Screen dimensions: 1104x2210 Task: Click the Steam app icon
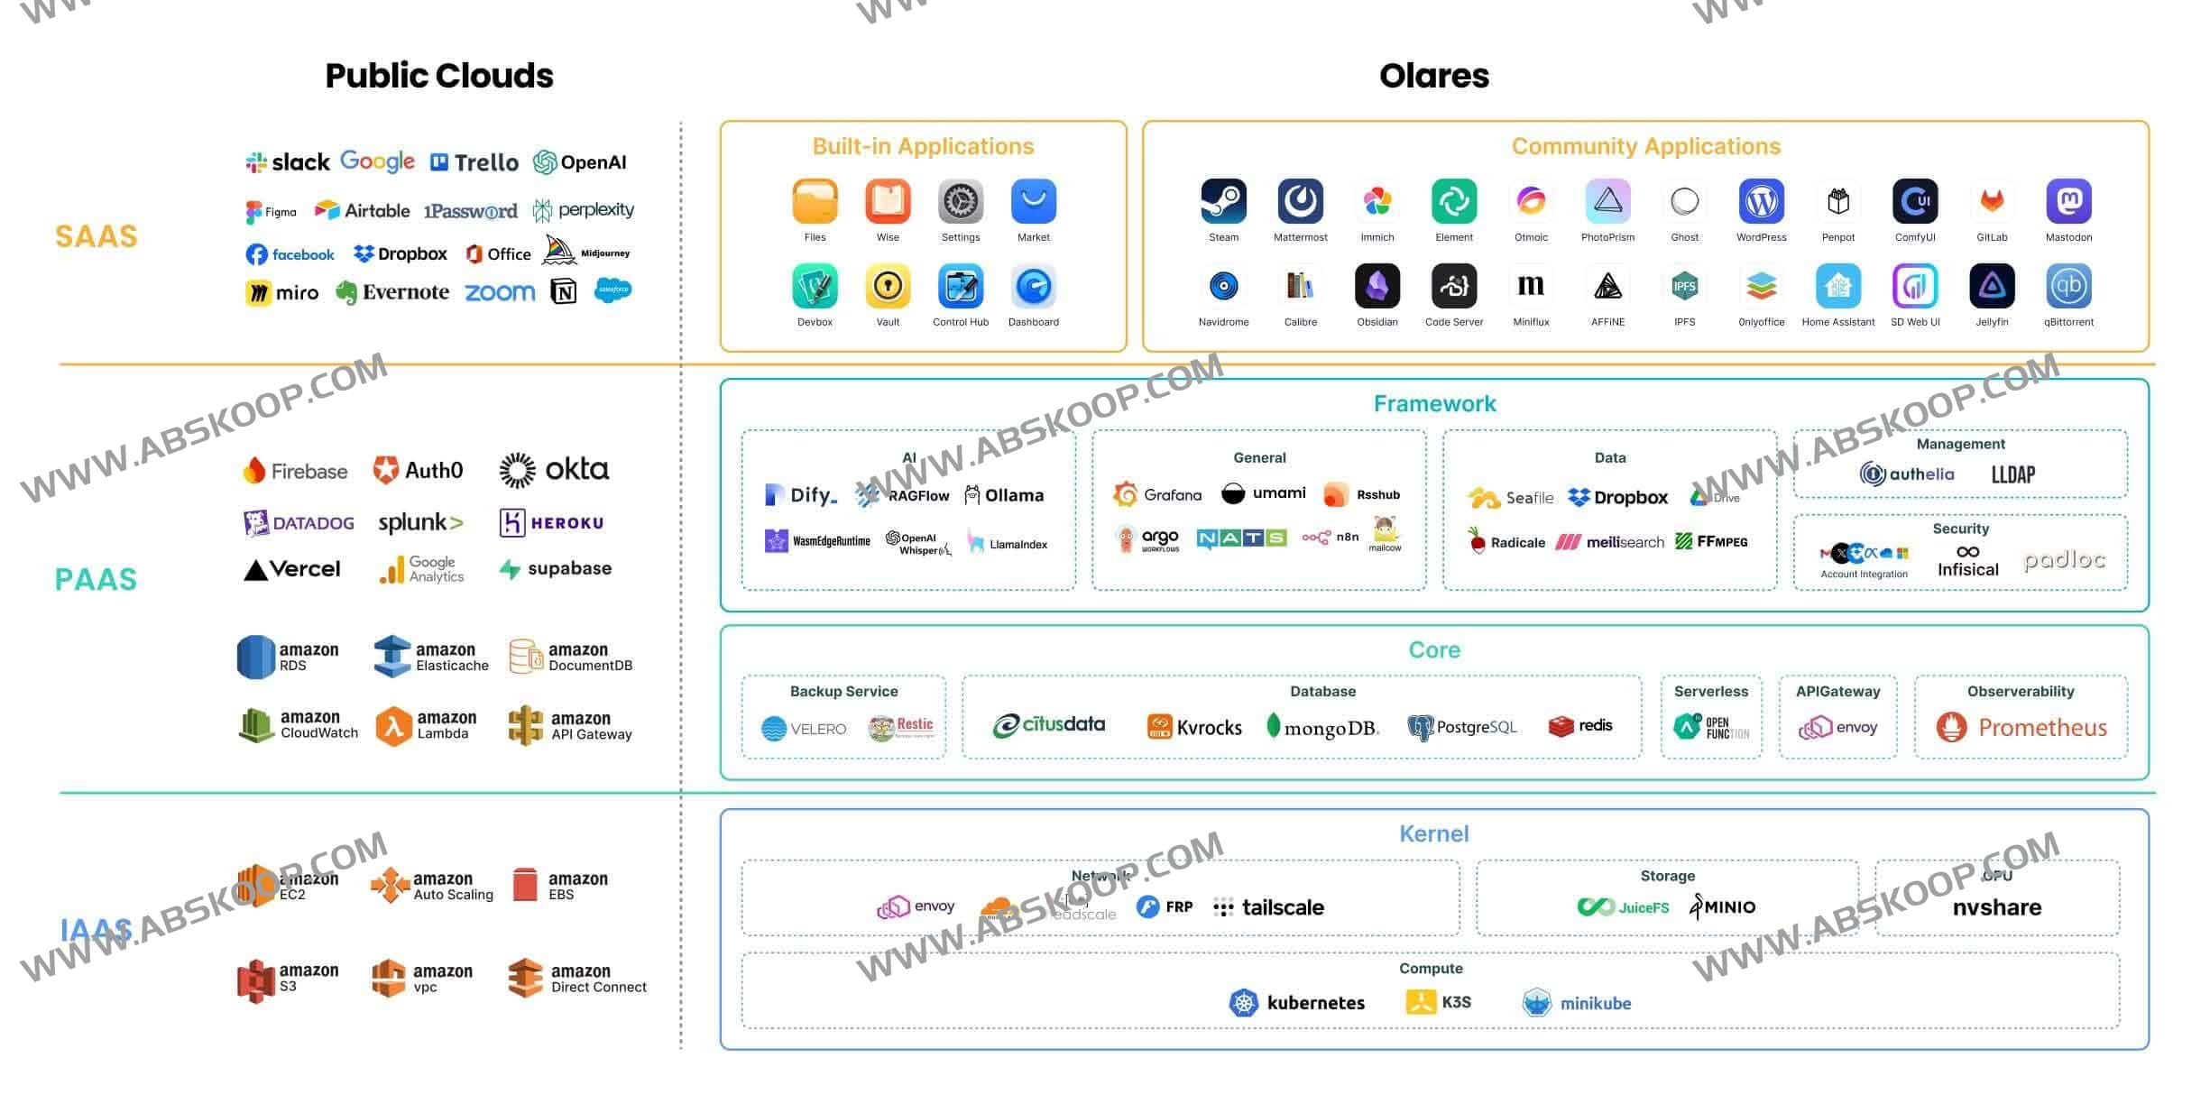click(x=1223, y=200)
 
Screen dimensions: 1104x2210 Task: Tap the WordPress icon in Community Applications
click(x=1761, y=200)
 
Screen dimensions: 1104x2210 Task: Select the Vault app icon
click(x=888, y=287)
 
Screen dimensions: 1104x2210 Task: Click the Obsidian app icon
click(x=1377, y=287)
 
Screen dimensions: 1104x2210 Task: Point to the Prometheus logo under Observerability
click(x=2021, y=727)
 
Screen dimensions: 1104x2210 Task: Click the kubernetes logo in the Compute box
click(x=1296, y=1002)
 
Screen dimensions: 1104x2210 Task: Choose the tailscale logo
click(x=1268, y=907)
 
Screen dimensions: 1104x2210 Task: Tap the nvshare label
click(x=1996, y=907)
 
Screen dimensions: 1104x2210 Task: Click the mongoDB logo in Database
click(x=1322, y=727)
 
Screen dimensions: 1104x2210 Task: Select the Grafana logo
click(x=1157, y=494)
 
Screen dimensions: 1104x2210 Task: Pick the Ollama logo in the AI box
click(x=1004, y=495)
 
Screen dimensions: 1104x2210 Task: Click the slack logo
click(x=288, y=162)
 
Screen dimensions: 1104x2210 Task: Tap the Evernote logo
click(x=392, y=292)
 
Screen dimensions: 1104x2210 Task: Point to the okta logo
click(x=554, y=470)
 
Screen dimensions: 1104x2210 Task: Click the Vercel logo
click(x=292, y=569)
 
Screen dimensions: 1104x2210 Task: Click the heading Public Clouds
click(x=439, y=76)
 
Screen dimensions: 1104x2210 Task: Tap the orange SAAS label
click(x=97, y=236)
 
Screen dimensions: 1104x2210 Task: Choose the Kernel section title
click(x=1433, y=833)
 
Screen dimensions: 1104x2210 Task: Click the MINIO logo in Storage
click(x=1722, y=906)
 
